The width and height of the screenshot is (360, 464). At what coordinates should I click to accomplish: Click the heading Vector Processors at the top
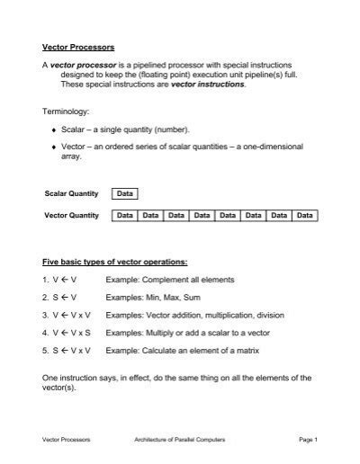pos(77,46)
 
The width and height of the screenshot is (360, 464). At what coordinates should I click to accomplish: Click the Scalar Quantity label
pos(70,194)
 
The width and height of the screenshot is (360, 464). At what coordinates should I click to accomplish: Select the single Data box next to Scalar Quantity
pos(124,194)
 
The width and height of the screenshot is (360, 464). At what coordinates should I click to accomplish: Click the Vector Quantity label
pos(70,216)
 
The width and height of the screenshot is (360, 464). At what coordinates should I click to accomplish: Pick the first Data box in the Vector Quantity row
pos(124,216)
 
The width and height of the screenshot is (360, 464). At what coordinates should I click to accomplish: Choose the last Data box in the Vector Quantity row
pos(304,216)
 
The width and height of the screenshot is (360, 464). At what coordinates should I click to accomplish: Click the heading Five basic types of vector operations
pos(115,262)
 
